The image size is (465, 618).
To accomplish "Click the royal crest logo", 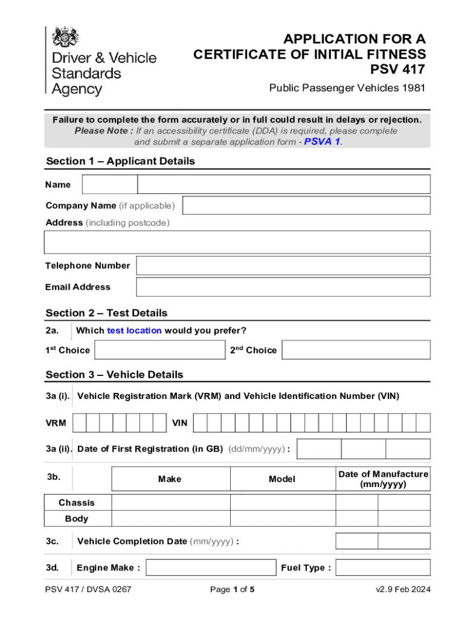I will pos(65,37).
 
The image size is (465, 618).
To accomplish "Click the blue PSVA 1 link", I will pos(322,142).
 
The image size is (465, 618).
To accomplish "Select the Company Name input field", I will pos(306,205).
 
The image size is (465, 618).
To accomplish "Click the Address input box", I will pos(237,242).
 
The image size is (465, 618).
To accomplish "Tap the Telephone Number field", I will pos(283,266).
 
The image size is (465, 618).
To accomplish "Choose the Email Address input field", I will pos(283,287).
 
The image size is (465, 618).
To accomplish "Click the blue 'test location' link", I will pos(134,331).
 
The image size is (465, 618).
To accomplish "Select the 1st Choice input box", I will pos(159,350).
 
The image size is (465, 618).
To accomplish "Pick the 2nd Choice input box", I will pos(356,350).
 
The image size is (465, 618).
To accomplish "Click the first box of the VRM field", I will pos(79,423).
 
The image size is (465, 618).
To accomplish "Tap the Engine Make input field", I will pos(211,567).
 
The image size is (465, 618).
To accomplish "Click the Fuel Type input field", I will pos(383,567).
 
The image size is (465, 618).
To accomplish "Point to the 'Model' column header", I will pos(282,479).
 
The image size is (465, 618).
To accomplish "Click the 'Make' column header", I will pos(170,479).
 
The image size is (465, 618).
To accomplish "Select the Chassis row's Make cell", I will pos(171,503).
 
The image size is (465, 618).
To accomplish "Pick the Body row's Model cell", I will pos(283,518).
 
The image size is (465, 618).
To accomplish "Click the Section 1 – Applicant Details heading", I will pos(121,161).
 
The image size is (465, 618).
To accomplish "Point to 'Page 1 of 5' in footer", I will pos(232,590).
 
